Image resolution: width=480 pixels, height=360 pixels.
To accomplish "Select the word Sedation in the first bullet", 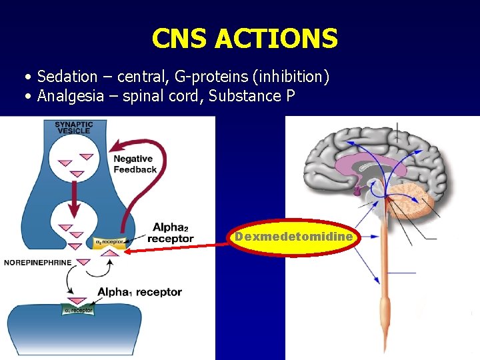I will tap(66, 77).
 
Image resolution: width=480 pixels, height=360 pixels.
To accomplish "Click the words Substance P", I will tap(252, 96).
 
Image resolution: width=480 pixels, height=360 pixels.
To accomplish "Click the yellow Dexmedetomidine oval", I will tap(294, 237).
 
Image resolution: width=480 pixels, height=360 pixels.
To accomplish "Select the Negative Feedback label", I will tap(135, 164).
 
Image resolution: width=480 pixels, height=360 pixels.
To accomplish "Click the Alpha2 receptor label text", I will tap(170, 233).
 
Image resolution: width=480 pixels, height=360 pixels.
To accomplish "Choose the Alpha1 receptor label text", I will tap(139, 291).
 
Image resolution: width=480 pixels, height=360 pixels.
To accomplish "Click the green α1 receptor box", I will tap(79, 309).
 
